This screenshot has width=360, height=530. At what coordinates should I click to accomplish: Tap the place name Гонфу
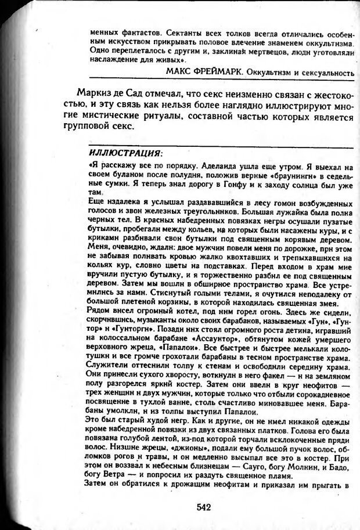(x=211, y=184)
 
